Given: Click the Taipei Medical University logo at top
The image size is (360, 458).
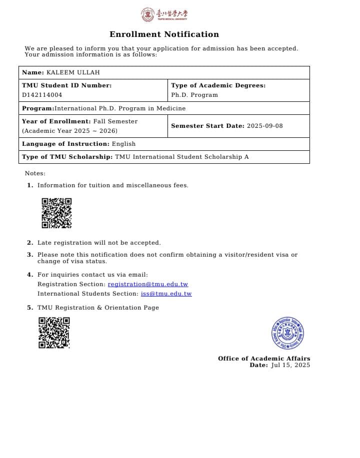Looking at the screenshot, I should [164, 14].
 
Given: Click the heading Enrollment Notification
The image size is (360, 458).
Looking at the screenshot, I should [164, 34].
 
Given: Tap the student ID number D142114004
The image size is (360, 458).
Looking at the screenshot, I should [42, 95].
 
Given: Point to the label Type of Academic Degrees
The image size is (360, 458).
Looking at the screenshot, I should [218, 85].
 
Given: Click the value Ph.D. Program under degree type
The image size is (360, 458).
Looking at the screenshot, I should [194, 95].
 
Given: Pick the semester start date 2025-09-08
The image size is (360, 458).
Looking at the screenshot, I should [264, 126].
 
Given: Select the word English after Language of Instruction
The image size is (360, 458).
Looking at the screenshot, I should [123, 144].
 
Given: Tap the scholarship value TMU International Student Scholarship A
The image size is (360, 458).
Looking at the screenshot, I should [181, 157].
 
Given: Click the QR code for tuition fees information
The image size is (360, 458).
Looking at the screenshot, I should [56, 213].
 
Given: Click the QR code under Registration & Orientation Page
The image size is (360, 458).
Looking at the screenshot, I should [54, 333].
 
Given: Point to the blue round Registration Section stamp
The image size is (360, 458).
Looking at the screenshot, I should [288, 333].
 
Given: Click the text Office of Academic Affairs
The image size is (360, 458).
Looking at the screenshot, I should [263, 359].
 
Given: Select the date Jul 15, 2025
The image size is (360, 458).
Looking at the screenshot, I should [290, 365].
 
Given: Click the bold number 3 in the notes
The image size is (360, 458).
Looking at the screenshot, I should [29, 255].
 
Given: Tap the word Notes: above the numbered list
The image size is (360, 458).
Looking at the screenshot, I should [35, 173].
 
